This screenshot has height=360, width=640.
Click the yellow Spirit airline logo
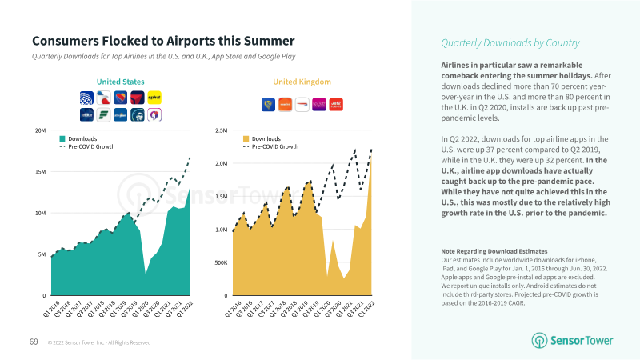point(155,97)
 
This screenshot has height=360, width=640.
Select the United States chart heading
point(120,82)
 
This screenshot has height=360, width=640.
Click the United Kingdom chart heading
point(302,82)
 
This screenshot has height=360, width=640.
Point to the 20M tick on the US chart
point(39,130)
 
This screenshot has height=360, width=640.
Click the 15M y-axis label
point(39,172)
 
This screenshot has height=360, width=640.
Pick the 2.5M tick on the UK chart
point(221,130)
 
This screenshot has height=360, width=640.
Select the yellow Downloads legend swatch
point(246,138)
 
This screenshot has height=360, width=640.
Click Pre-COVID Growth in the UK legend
point(275,147)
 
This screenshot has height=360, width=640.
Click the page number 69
point(34,342)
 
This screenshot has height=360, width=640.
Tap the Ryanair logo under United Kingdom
point(269,103)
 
